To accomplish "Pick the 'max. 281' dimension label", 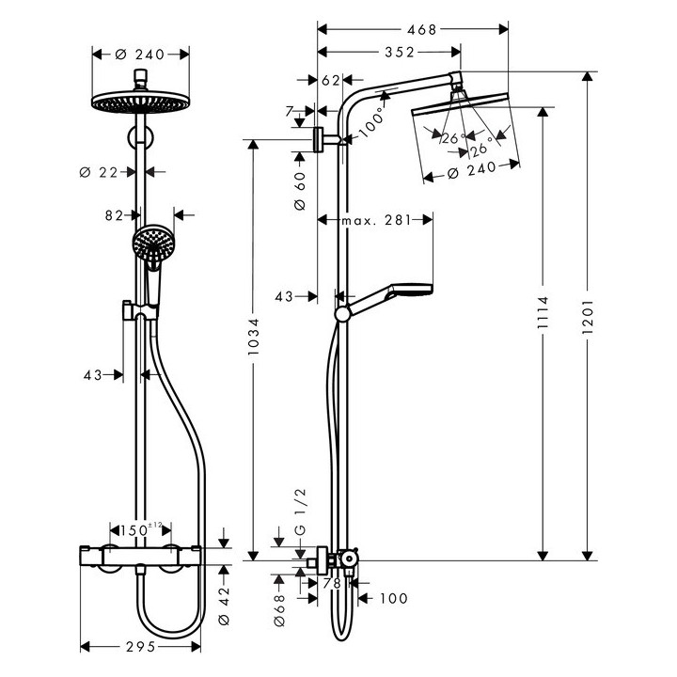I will (x=376, y=220).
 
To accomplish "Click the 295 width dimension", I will (x=141, y=648).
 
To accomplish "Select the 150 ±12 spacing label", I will (x=144, y=530).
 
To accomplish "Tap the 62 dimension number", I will (x=330, y=81).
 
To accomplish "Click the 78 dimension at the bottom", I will (x=331, y=584).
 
